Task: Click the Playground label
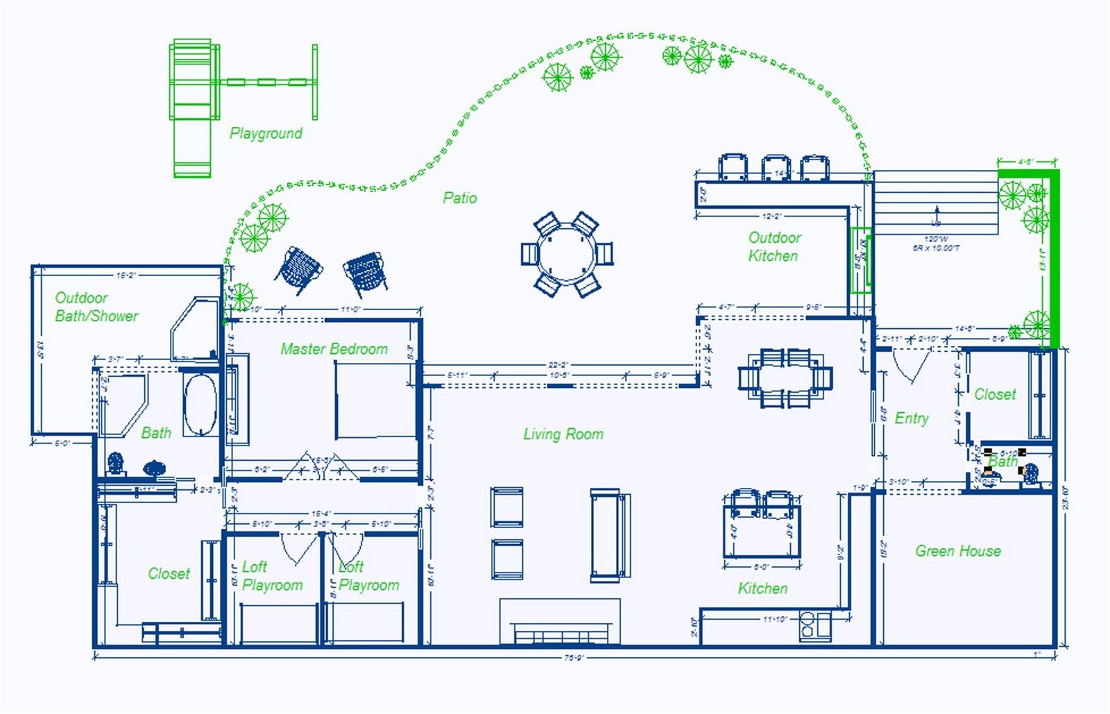pos(266,133)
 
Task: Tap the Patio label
pos(460,198)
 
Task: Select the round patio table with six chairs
pos(567,255)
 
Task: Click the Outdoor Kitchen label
pos(774,246)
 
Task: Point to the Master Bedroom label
pos(334,349)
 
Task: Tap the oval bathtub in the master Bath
pos(200,405)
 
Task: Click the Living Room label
pos(563,434)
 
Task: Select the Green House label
pos(957,551)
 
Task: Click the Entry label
pos(911,418)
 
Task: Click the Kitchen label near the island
pos(762,588)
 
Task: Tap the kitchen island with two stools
pos(762,531)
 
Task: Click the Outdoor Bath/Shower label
pos(96,307)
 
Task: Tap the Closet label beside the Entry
pos(995,394)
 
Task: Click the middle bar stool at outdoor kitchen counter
pos(775,168)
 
